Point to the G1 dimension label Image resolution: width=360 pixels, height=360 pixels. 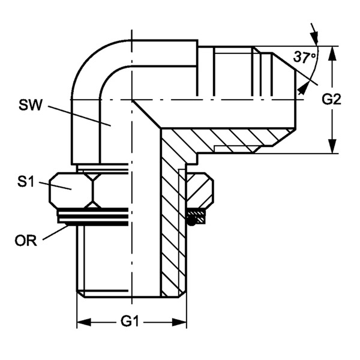tap(131, 322)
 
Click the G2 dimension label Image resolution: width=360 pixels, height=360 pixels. tap(332, 100)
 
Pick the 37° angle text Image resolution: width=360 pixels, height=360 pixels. tap(305, 58)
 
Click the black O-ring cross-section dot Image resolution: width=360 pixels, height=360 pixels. tap(191, 220)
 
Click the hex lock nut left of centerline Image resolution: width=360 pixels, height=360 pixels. tap(71, 189)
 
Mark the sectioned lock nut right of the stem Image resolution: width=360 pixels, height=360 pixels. tap(200, 189)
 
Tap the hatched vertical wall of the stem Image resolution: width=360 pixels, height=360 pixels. tap(171, 228)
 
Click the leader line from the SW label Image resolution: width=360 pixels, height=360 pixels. tap(78, 115)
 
